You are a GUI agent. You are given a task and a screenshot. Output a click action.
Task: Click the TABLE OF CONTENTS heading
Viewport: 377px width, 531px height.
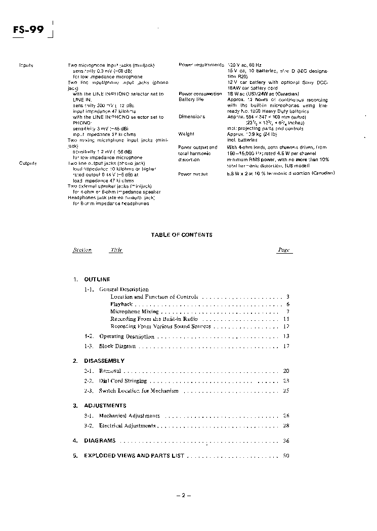click(x=182, y=235)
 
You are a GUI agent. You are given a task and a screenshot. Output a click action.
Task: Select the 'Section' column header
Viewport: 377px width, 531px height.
click(x=82, y=250)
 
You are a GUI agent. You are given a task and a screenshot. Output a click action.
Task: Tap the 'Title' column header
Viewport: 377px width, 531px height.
click(x=116, y=250)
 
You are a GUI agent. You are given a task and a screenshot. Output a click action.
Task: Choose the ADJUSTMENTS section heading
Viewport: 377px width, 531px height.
click(x=105, y=406)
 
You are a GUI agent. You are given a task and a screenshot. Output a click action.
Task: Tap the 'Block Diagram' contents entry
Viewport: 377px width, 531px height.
click(x=117, y=346)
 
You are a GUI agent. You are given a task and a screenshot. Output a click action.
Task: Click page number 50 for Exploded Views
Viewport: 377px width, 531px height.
click(x=286, y=456)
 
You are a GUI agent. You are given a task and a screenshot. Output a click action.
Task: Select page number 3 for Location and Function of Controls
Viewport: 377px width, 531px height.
click(x=287, y=297)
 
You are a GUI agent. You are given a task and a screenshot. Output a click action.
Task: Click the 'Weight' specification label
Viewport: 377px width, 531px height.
click(x=186, y=134)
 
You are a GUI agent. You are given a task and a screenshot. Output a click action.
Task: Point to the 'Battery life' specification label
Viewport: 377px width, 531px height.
click(x=191, y=100)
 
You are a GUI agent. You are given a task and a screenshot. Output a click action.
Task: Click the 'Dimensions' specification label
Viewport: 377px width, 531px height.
click(x=192, y=117)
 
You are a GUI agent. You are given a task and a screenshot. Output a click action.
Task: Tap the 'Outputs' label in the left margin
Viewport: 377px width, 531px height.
click(x=27, y=163)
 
